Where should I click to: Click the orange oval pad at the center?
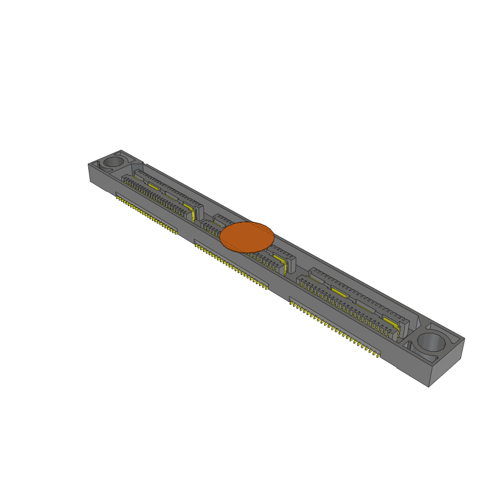pyautogui.click(x=247, y=237)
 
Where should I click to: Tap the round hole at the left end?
pyautogui.click(x=114, y=161)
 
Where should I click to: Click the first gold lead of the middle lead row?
pyautogui.click(x=196, y=246)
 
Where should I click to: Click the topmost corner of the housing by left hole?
pyautogui.click(x=121, y=150)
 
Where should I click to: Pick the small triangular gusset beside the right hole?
pyautogui.click(x=411, y=345)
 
